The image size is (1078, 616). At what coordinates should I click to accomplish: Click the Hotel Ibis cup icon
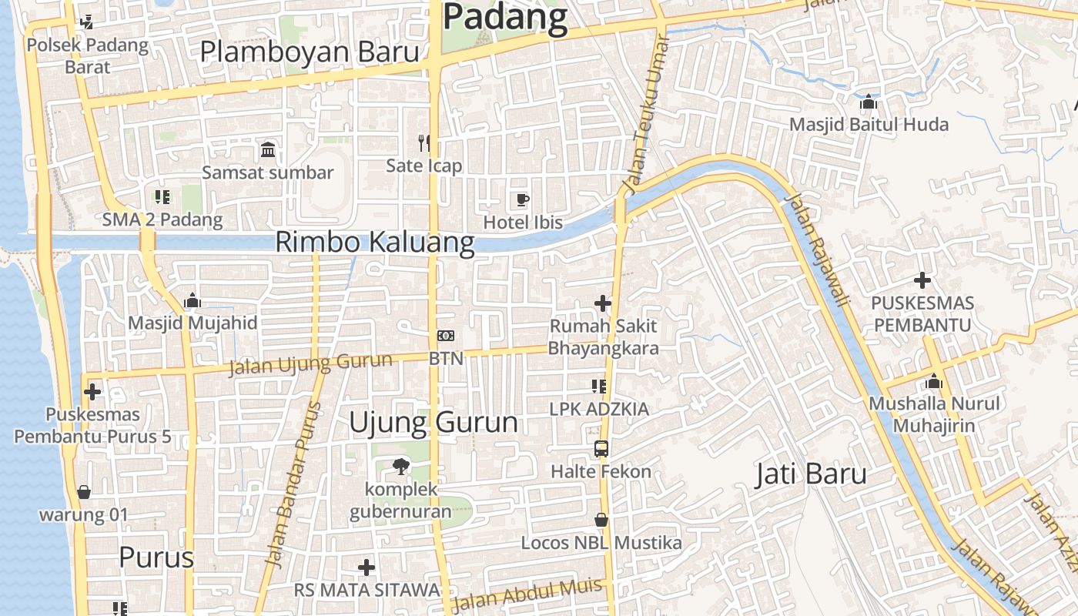(x=523, y=200)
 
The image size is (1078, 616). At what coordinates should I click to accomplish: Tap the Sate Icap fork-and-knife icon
(x=423, y=142)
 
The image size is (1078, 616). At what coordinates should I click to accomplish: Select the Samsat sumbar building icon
(x=268, y=149)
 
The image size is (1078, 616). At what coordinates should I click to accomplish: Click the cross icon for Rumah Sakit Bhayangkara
(x=603, y=303)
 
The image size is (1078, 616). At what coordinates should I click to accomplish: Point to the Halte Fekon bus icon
(x=601, y=448)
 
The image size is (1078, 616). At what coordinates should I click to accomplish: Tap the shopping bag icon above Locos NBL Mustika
(x=601, y=521)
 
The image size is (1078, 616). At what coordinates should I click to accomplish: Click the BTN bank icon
(x=446, y=336)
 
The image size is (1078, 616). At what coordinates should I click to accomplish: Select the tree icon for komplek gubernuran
(x=400, y=465)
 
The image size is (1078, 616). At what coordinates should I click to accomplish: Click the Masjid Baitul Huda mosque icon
(x=869, y=102)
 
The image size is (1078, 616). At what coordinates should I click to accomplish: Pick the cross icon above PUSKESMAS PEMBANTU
(x=922, y=280)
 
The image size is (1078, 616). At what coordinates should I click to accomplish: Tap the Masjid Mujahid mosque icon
(x=192, y=300)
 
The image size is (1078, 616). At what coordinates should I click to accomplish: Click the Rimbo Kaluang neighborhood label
(x=374, y=242)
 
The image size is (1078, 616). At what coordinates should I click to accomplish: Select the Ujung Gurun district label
(x=434, y=422)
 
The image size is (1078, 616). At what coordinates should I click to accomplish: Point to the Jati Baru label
(x=811, y=474)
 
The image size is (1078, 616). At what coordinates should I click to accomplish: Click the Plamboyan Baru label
(x=310, y=52)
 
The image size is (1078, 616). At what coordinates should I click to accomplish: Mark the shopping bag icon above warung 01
(x=83, y=492)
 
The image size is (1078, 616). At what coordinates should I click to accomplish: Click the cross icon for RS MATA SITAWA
(x=367, y=567)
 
